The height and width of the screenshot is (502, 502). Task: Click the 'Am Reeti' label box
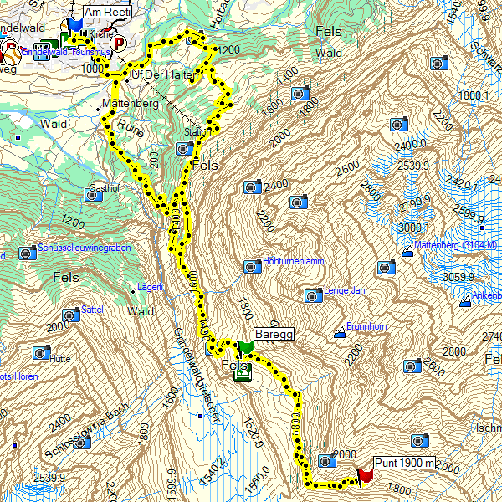pos(115,11)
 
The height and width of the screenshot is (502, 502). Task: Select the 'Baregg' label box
pos(273,333)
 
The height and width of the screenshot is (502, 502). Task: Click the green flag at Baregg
pos(245,347)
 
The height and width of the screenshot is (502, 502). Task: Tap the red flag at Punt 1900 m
pos(364,476)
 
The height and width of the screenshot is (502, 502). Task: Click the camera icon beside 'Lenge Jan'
pos(313,295)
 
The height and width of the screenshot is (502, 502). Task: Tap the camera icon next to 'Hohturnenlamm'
pos(251,266)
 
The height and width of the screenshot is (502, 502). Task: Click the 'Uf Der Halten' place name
pos(164,75)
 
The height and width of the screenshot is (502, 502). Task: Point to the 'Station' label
pos(197,132)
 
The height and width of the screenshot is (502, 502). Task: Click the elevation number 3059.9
pos(459,277)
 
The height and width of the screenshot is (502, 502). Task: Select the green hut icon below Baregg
pos(242,372)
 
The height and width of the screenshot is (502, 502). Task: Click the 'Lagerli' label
pos(151,287)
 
